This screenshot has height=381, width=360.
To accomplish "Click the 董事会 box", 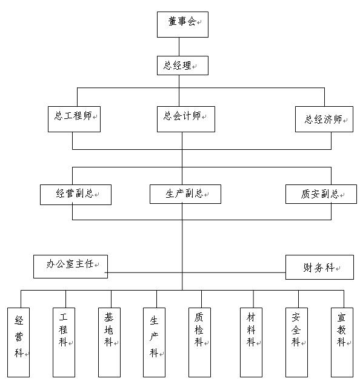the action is coord(182,24).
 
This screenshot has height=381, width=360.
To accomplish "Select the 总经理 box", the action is coord(182,66).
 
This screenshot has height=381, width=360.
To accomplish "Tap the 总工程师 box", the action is coord(75,119).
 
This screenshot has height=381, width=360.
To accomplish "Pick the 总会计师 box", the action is coord(186,119).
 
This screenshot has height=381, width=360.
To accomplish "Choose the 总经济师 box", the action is coord(324,119).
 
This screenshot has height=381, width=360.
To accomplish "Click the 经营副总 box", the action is coord(76,195).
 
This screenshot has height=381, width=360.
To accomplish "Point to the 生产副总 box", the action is coord(185,194).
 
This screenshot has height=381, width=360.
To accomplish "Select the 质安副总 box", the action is coord(321,194).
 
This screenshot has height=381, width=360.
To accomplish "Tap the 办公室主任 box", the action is coord(71,266).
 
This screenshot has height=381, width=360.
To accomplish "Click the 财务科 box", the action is coord(319,268).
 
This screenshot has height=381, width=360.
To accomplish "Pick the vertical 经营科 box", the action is coord(18,342).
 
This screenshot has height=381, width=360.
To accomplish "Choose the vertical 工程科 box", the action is coord(64,342).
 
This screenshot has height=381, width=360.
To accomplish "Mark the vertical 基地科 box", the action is coord(109,342).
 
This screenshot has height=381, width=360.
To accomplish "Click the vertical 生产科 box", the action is coord(154,342).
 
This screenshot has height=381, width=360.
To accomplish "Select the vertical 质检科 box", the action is coord(199,342).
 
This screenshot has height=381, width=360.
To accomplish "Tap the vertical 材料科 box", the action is coord(251,342).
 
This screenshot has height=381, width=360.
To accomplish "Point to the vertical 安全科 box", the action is coord(296,342).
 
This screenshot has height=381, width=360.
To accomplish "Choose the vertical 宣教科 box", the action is coord(342,342).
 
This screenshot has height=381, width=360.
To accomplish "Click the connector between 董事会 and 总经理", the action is coord(179,47).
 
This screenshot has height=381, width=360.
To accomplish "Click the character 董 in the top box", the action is coord(173,21).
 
